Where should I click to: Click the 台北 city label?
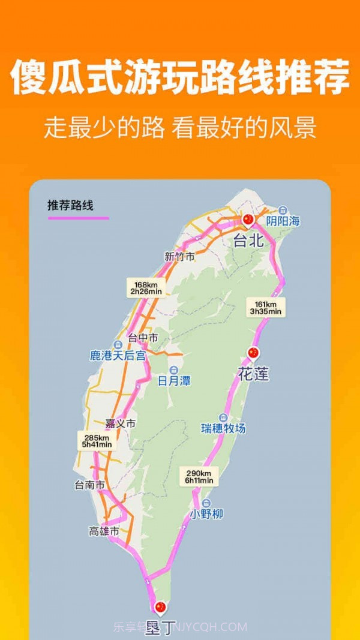click(248, 241)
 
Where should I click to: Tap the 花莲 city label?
click(253, 375)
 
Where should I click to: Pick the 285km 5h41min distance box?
click(97, 440)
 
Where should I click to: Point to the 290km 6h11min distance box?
click(199, 477)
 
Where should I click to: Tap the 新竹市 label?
click(179, 257)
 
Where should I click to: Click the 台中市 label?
click(143, 338)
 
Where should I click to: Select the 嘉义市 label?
click(120, 423)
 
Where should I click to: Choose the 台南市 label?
click(89, 485)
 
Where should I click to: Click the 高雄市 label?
click(104, 531)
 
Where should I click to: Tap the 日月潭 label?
click(174, 380)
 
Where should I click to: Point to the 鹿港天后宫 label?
click(118, 356)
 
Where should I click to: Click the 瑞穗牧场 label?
click(223, 428)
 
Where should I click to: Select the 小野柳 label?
click(207, 514)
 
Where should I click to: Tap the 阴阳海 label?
click(283, 221)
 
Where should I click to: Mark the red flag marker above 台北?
click(248, 219)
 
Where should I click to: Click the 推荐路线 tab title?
click(71, 205)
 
